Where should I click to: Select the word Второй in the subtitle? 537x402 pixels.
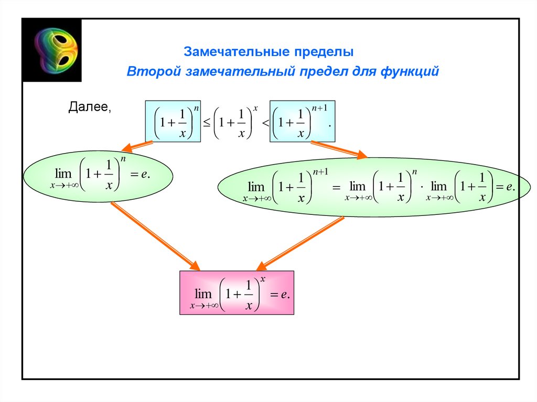tap(153, 71)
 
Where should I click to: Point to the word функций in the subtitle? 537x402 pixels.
tap(411, 71)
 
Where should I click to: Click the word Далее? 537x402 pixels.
tap(90, 107)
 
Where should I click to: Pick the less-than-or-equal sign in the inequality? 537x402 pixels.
tap(207, 123)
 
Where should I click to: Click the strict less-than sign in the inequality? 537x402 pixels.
tap(265, 123)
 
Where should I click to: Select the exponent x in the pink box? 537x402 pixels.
tap(262, 279)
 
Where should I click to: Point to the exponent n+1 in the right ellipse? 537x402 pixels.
tap(320, 171)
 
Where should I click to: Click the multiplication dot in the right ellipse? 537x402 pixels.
tap(421, 187)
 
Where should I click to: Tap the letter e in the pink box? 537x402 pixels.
tap(283, 295)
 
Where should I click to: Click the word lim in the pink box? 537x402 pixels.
tap(203, 294)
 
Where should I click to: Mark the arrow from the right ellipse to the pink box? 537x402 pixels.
tap(299, 242)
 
